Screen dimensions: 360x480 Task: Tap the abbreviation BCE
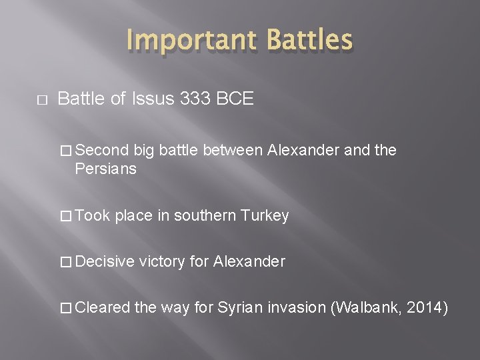234,99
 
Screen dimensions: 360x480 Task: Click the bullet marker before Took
65,216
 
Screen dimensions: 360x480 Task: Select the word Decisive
105,262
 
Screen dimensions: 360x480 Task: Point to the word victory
163,262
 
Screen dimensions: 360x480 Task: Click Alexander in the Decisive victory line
249,262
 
